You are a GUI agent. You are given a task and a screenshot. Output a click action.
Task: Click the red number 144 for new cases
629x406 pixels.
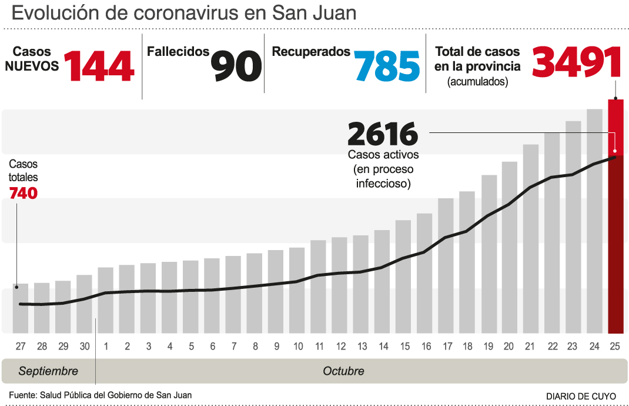click(x=99, y=65)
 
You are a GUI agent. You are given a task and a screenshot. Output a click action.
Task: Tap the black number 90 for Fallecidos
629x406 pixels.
click(x=236, y=65)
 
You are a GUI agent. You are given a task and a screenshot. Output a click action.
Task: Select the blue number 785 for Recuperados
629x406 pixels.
click(x=387, y=65)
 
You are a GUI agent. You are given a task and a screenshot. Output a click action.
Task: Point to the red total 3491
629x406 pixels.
click(x=577, y=62)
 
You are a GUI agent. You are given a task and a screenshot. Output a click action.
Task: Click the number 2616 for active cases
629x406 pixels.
click(x=383, y=134)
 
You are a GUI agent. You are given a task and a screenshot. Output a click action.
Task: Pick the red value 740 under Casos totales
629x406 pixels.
click(x=23, y=192)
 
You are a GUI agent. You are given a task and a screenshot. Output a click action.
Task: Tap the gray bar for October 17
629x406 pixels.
click(x=446, y=265)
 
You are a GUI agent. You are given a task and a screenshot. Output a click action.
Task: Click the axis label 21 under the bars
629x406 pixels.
click(x=530, y=347)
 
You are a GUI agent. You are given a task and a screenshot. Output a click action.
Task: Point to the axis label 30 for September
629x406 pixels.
click(x=85, y=347)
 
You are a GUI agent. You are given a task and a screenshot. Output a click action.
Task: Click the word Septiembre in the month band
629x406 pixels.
click(x=48, y=371)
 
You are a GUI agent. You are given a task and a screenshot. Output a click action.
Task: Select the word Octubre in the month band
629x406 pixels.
click(x=343, y=371)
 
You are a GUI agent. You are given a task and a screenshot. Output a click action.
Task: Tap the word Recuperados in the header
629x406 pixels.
click(x=311, y=52)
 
